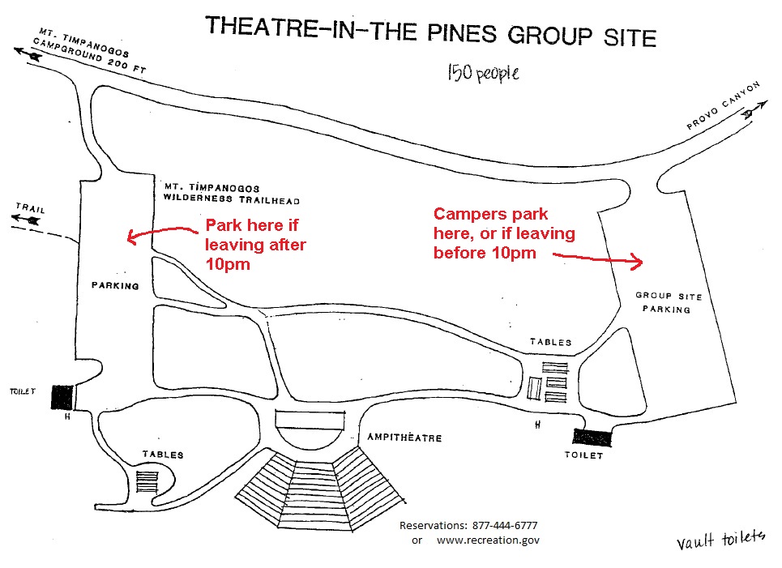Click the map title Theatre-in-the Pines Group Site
(x=431, y=32)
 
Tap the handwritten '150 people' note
(x=483, y=73)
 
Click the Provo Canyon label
(x=723, y=105)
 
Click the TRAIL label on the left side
(x=31, y=208)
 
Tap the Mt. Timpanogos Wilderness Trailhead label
(x=232, y=194)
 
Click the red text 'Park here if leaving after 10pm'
(x=255, y=245)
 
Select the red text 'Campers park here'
(x=491, y=224)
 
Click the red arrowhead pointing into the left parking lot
(x=132, y=237)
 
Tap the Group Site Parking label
(x=668, y=302)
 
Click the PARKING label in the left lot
(x=115, y=286)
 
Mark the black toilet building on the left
(x=62, y=398)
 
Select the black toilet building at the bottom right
(x=592, y=438)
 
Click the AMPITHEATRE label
(x=404, y=438)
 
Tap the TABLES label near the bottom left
(x=163, y=455)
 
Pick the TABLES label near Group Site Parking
(x=550, y=342)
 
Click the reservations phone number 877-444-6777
(x=505, y=525)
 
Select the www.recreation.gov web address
(x=488, y=540)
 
